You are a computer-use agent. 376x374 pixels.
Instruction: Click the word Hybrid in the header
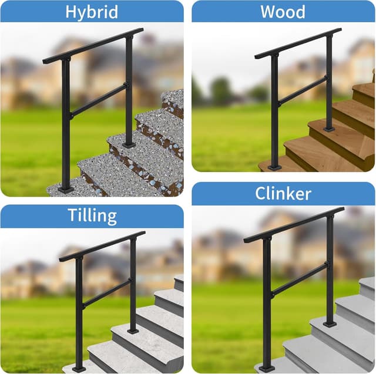(91, 11)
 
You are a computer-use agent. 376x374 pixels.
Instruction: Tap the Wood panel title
(283, 11)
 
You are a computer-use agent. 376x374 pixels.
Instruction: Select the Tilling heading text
(91, 215)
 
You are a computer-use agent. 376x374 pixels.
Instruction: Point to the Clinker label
(283, 193)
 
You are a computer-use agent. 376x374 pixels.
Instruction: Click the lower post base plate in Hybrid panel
(66, 189)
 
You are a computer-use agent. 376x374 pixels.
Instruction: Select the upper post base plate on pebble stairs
(129, 144)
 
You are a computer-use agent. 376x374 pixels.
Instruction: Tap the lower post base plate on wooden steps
(274, 168)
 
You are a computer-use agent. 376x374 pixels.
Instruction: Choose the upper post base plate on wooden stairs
(329, 128)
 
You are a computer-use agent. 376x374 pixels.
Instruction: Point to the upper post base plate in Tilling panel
(133, 331)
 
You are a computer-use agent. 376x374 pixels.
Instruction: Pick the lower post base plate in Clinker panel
(267, 368)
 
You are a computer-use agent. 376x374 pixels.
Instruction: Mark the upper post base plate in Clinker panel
(330, 324)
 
